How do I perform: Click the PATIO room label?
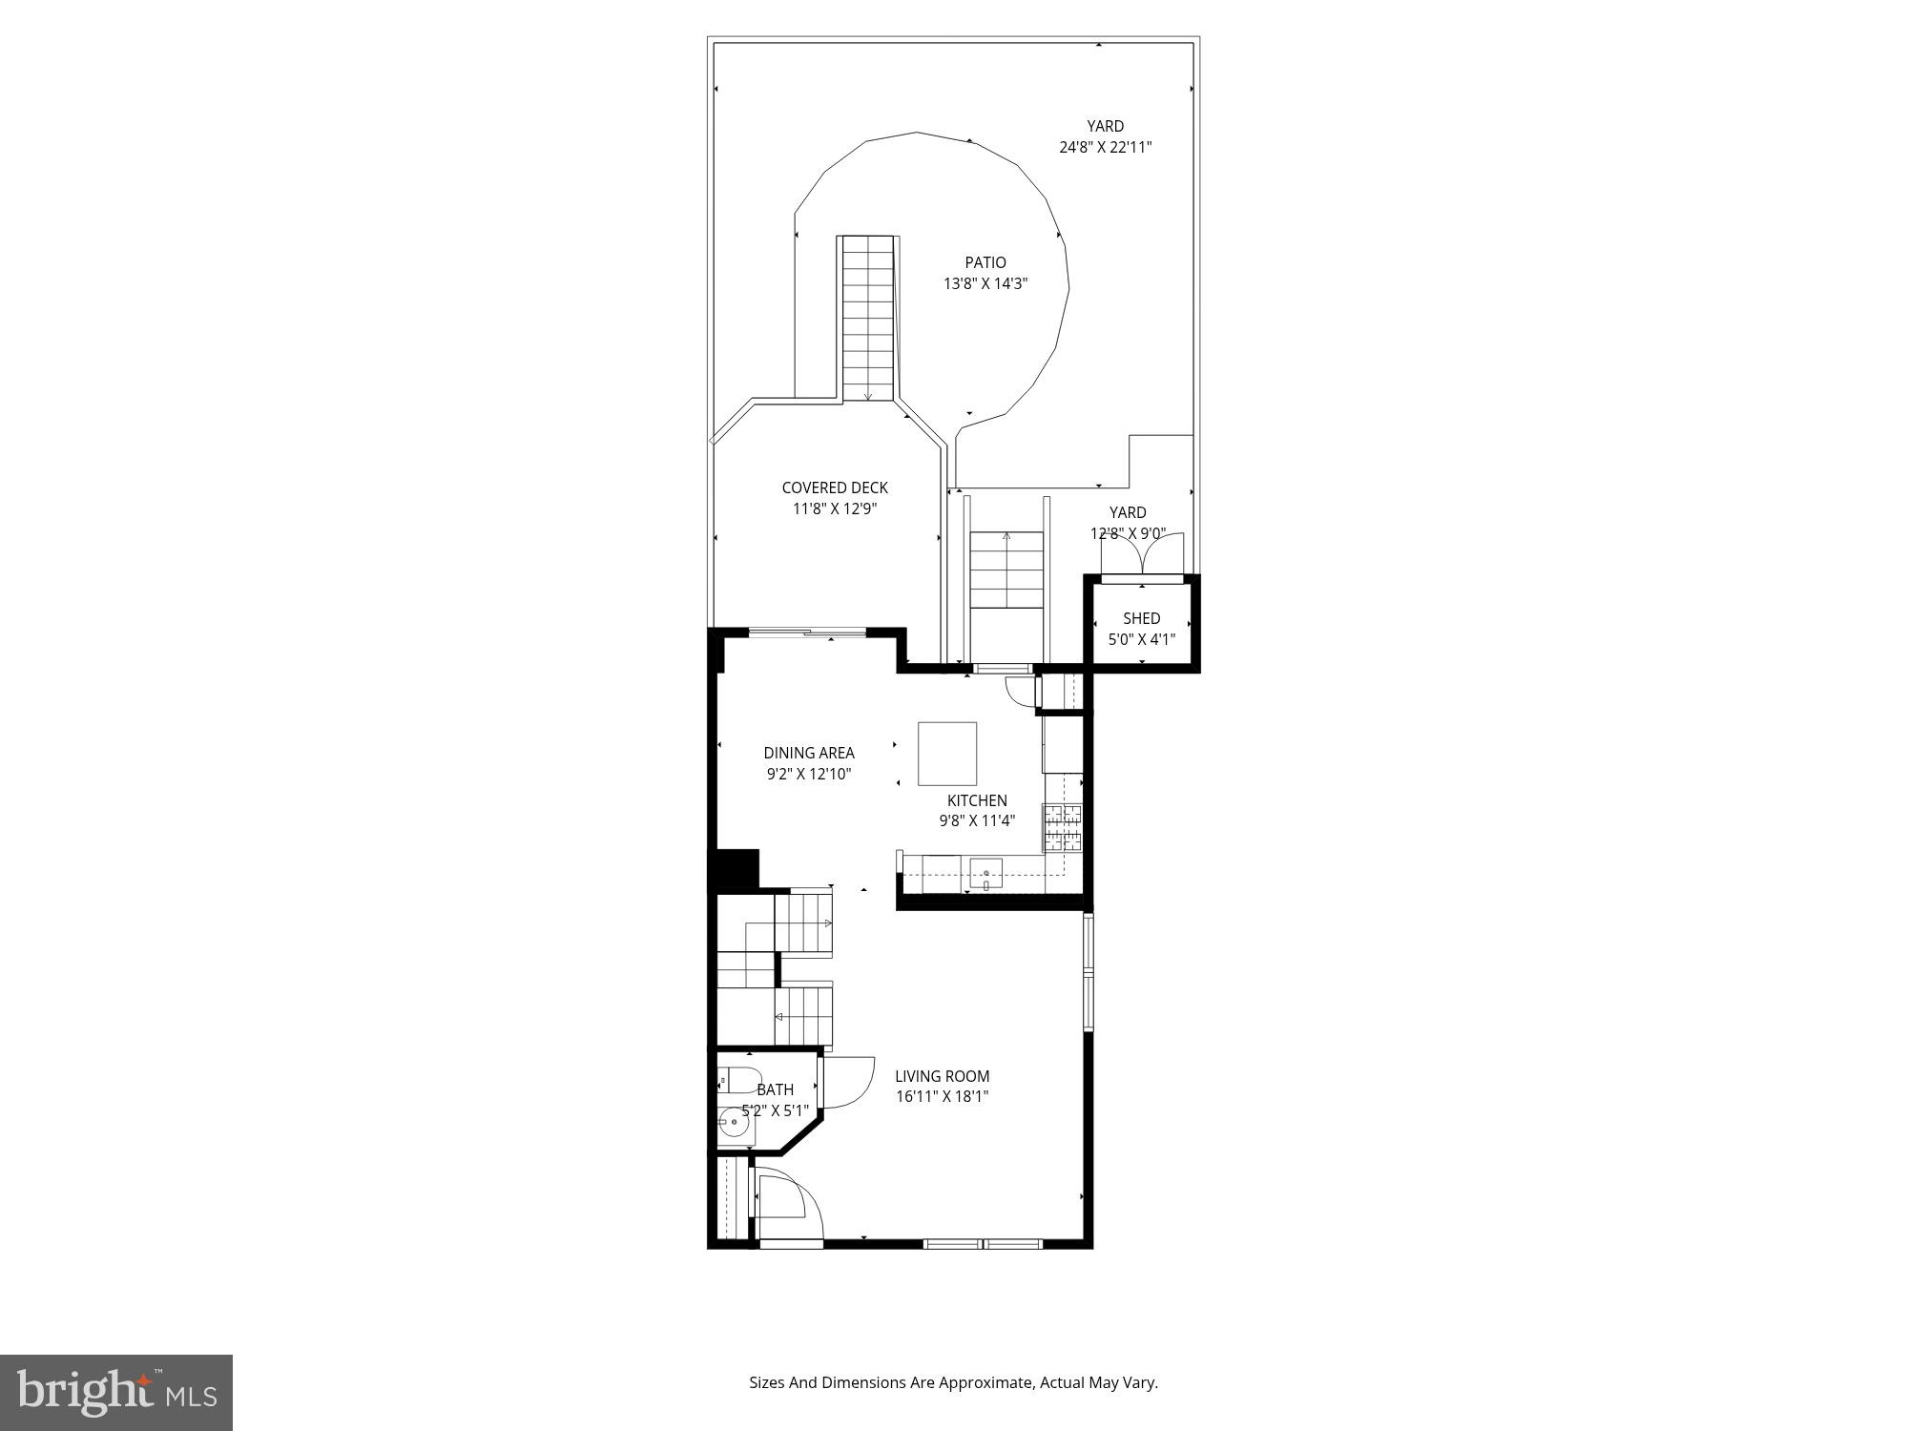[985, 262]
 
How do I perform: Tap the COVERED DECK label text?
[834, 487]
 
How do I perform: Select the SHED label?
[1141, 618]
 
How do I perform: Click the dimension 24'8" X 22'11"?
[1105, 148]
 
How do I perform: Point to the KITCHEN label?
[976, 800]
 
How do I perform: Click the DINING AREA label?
[808, 753]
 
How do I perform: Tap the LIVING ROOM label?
[942, 1076]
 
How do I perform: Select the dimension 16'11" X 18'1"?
[942, 1097]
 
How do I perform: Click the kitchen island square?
[946, 754]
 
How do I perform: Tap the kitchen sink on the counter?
[985, 873]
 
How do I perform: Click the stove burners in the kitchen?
[1063, 827]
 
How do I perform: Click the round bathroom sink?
[733, 1123]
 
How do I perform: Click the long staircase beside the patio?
[868, 320]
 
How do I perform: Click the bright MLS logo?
[116, 1392]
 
